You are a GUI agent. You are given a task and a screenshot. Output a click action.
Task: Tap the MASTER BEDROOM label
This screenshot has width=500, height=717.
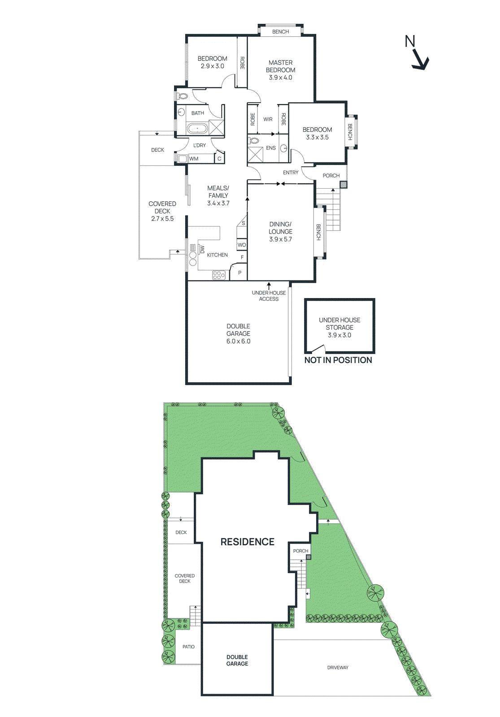click(280, 66)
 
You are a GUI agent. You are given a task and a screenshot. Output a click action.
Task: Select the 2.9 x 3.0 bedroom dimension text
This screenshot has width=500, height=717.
click(212, 66)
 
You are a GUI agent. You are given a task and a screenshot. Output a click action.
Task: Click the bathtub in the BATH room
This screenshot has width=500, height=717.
click(198, 129)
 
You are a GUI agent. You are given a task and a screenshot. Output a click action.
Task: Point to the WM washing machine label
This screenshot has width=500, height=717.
click(194, 159)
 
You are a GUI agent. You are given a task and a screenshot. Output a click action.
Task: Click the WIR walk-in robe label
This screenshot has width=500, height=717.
click(268, 119)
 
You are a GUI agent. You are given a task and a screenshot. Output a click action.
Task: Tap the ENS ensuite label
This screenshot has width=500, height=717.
click(271, 148)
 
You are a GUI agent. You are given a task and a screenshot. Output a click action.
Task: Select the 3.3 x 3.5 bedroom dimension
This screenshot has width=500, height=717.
click(317, 138)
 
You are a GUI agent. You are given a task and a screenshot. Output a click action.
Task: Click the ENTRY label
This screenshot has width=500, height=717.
click(291, 173)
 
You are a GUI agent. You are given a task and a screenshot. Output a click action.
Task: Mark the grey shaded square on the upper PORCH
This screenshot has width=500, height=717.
click(343, 184)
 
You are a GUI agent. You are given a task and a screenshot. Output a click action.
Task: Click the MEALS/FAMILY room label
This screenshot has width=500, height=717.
click(218, 192)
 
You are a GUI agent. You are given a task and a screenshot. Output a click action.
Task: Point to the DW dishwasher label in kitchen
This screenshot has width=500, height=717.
click(202, 250)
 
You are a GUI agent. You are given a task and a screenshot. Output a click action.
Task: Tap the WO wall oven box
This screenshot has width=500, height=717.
click(242, 245)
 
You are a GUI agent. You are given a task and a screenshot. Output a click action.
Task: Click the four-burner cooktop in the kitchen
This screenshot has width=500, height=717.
click(219, 275)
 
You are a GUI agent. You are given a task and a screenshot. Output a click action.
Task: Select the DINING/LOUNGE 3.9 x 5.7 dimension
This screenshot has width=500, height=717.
click(280, 239)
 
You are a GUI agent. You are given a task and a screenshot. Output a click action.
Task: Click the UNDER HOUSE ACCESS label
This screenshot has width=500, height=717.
click(269, 296)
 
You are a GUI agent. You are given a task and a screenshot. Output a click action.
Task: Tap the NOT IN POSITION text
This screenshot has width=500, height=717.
click(338, 360)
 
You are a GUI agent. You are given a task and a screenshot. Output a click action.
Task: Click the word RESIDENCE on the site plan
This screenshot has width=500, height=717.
click(247, 542)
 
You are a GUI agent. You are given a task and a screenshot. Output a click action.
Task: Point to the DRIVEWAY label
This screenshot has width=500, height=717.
click(338, 668)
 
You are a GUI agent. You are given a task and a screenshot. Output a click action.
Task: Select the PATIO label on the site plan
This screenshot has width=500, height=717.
click(188, 647)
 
